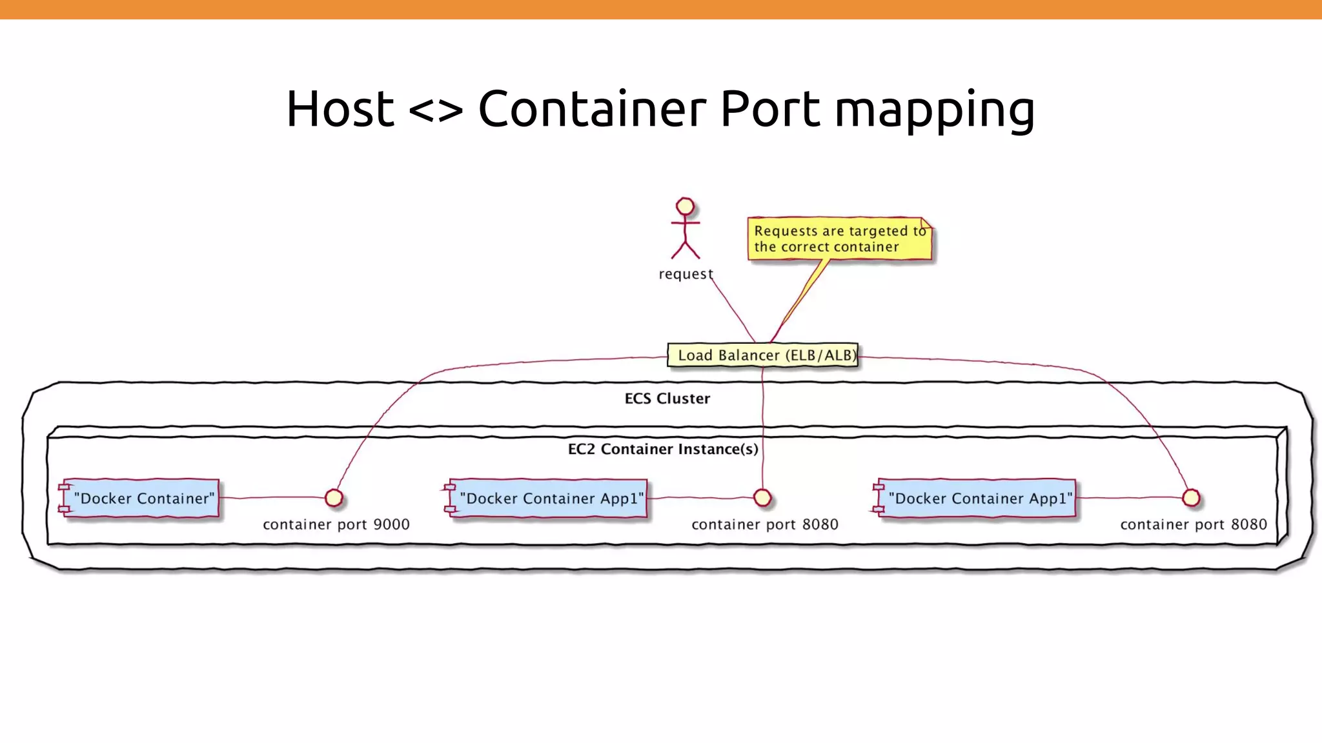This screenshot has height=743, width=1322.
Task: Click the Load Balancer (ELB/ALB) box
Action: click(x=763, y=355)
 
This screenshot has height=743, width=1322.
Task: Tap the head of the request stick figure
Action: click(x=685, y=206)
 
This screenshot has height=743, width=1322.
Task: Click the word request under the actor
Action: click(x=685, y=274)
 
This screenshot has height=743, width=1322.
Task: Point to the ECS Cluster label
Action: click(x=667, y=399)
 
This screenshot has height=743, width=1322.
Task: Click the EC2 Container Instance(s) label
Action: click(x=663, y=449)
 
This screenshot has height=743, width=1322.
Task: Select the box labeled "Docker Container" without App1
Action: click(x=141, y=498)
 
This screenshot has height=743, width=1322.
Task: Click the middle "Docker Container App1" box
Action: click(x=549, y=498)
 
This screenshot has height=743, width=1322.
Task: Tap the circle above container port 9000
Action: click(x=334, y=498)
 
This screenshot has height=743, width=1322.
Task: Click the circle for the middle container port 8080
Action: click(x=762, y=498)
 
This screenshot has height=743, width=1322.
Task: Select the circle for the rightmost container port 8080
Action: click(x=1191, y=498)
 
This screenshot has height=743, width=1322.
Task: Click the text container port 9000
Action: click(x=336, y=524)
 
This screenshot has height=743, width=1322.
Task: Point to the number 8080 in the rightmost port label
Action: click(x=1248, y=524)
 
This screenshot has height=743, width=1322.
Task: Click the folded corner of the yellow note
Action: click(x=926, y=224)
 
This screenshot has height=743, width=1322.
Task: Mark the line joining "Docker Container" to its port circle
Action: click(x=271, y=498)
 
